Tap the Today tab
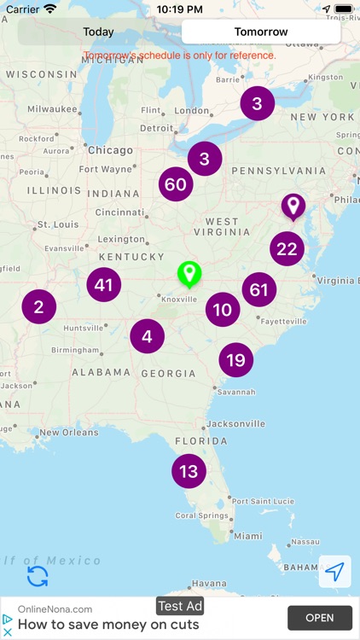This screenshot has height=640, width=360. pyautogui.click(x=98, y=32)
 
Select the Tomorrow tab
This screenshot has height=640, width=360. pyautogui.click(x=261, y=32)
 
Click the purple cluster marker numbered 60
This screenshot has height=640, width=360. pyautogui.click(x=176, y=184)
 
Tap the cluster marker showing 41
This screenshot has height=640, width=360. pyautogui.click(x=104, y=285)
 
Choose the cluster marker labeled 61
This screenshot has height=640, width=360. pyautogui.click(x=258, y=290)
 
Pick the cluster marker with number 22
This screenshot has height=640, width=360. pyautogui.click(x=287, y=248)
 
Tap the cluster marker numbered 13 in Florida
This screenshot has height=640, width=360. pyautogui.click(x=189, y=471)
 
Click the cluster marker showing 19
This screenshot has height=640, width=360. pyautogui.click(x=235, y=360)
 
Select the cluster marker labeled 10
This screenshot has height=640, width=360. pyautogui.click(x=223, y=310)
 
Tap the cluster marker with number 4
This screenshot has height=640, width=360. pyautogui.click(x=148, y=336)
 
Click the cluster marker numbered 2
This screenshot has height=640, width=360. pyautogui.click(x=39, y=306)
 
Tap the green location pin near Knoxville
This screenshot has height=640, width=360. pyautogui.click(x=189, y=274)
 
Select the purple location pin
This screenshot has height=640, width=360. pyautogui.click(x=293, y=206)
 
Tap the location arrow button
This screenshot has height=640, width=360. pyautogui.click(x=334, y=572)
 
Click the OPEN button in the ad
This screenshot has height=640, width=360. pyautogui.click(x=320, y=618)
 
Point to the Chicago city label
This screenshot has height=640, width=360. pyautogui.click(x=109, y=150)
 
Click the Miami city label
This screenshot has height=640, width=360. pyautogui.click(x=248, y=536)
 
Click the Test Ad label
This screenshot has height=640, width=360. pyautogui.click(x=180, y=606)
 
